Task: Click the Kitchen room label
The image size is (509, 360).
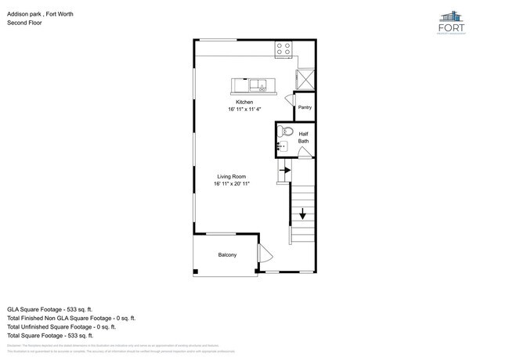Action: coord(244,102)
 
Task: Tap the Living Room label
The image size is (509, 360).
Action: coord(232,177)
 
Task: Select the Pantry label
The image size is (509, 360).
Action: coord(305,107)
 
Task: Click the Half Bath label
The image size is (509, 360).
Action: coord(303,137)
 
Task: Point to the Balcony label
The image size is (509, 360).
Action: coord(227,255)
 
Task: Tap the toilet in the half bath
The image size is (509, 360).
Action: coord(285,131)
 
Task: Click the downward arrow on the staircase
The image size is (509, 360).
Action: coord(302,213)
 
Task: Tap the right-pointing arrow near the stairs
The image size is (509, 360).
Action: coord(285,170)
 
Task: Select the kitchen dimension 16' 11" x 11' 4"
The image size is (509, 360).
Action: coord(244,110)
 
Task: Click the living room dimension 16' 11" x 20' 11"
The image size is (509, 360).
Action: coord(232,185)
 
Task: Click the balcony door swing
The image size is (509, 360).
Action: coord(265,254)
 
